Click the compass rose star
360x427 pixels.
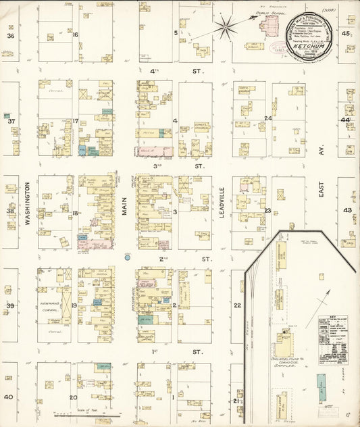(x=227, y=28)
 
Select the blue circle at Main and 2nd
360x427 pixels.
(x=126, y=257)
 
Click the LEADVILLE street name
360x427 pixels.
(x=222, y=210)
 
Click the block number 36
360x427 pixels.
(x=10, y=35)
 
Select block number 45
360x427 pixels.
(x=345, y=34)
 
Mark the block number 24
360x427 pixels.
(x=267, y=118)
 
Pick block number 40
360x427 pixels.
(x=9, y=397)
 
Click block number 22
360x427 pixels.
(x=237, y=305)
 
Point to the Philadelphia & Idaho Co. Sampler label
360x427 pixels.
(x=291, y=353)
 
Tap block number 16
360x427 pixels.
(x=76, y=34)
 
